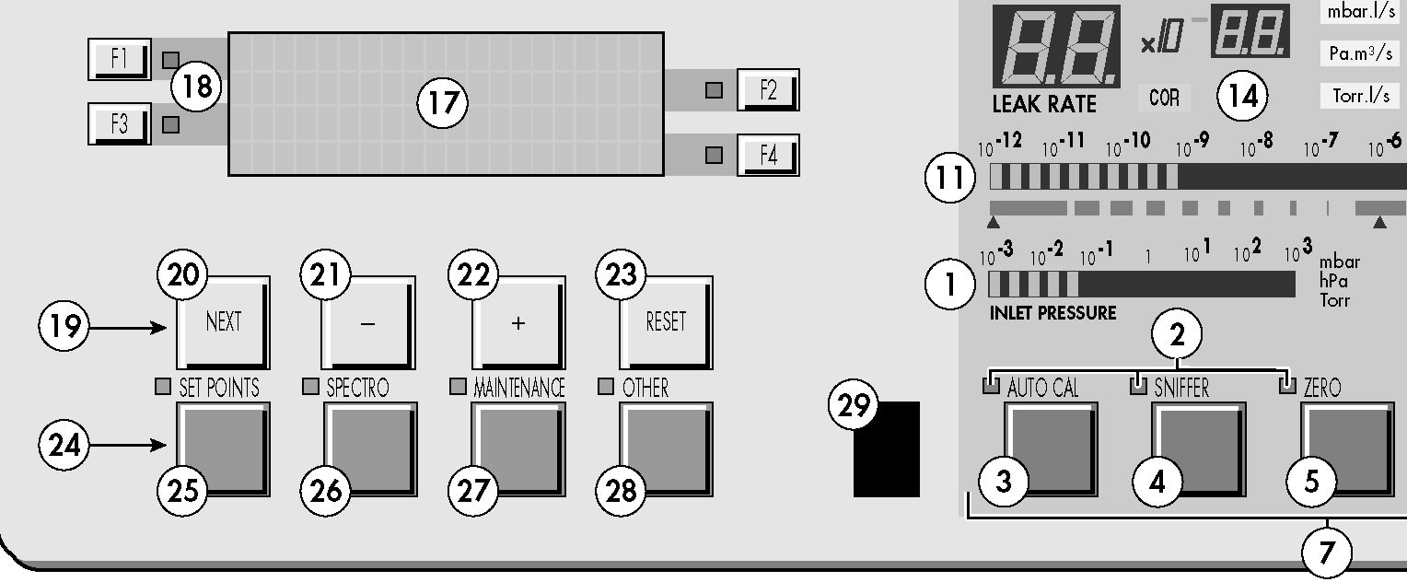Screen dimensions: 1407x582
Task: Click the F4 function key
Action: point(768,155)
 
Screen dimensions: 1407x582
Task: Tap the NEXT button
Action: point(223,322)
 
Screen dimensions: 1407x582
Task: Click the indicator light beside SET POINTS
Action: point(163,387)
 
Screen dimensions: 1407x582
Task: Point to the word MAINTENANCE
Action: point(519,388)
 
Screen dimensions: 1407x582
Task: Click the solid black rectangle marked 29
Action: point(887,449)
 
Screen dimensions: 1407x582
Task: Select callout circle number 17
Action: point(442,102)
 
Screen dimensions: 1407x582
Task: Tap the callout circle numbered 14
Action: point(1242,96)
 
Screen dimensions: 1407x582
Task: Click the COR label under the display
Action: point(1164,98)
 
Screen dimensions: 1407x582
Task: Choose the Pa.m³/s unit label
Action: point(1361,53)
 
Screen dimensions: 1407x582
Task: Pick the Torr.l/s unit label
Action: point(1361,96)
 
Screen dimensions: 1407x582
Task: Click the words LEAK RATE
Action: point(1044,104)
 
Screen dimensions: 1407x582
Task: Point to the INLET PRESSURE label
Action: point(1052,313)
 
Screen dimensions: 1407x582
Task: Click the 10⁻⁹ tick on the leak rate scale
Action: point(1192,145)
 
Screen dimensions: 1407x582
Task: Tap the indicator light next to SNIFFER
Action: point(1138,386)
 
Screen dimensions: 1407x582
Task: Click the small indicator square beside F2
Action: point(714,90)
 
